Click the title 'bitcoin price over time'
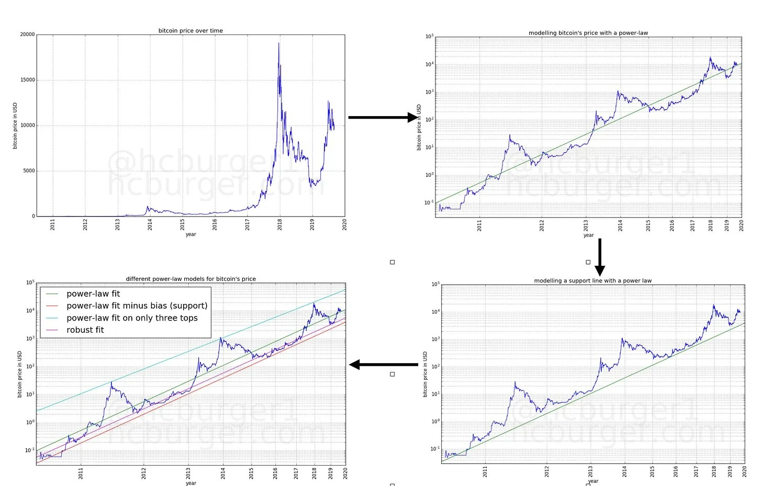pyautogui.click(x=190, y=31)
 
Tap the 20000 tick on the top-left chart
pyautogui.click(x=28, y=35)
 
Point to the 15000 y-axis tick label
pyautogui.click(x=28, y=80)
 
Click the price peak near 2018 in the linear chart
pyautogui.click(x=279, y=44)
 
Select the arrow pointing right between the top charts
pyautogui.click(x=384, y=118)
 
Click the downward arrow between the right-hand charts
pyautogui.click(x=600, y=256)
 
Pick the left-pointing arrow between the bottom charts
pyautogui.click(x=383, y=365)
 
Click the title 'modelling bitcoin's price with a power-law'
pyautogui.click(x=588, y=33)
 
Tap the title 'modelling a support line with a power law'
pyautogui.click(x=593, y=281)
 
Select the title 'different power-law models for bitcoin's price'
pyautogui.click(x=191, y=279)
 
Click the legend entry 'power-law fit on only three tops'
pyautogui.click(x=132, y=318)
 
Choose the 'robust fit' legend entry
pyautogui.click(x=85, y=330)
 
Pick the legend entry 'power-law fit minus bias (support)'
pyautogui.click(x=137, y=306)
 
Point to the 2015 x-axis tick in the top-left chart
pyautogui.click(x=183, y=224)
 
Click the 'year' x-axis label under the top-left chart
pyautogui.click(x=190, y=234)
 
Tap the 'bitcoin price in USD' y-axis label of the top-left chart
pyautogui.click(x=15, y=126)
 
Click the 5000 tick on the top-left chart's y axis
pyautogui.click(x=29, y=171)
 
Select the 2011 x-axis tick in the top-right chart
pyautogui.click(x=479, y=225)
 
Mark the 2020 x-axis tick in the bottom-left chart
pyautogui.click(x=345, y=473)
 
